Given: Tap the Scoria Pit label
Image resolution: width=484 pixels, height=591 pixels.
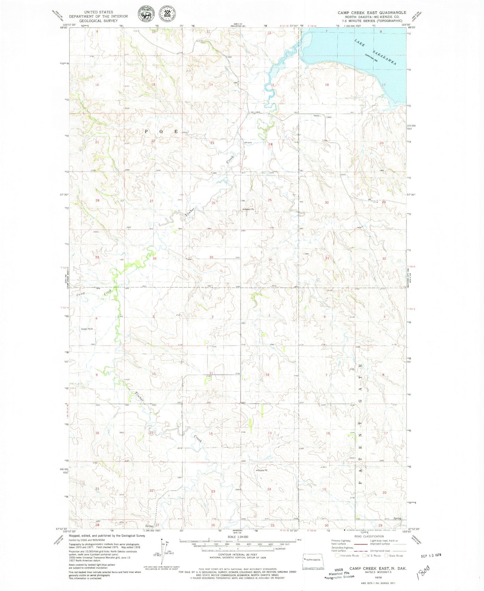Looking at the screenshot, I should (263, 470).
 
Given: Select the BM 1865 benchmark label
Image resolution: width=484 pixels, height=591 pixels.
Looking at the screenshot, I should (255, 112).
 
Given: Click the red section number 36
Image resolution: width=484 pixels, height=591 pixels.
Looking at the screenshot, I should (270, 260).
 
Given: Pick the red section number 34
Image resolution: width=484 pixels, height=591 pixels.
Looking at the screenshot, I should (155, 259).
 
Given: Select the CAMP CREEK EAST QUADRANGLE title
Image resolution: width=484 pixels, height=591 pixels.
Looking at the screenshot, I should (372, 13).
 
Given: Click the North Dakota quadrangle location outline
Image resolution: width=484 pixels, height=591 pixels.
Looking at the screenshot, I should (313, 560).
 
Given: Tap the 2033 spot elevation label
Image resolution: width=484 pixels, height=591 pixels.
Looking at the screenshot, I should (343, 174).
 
